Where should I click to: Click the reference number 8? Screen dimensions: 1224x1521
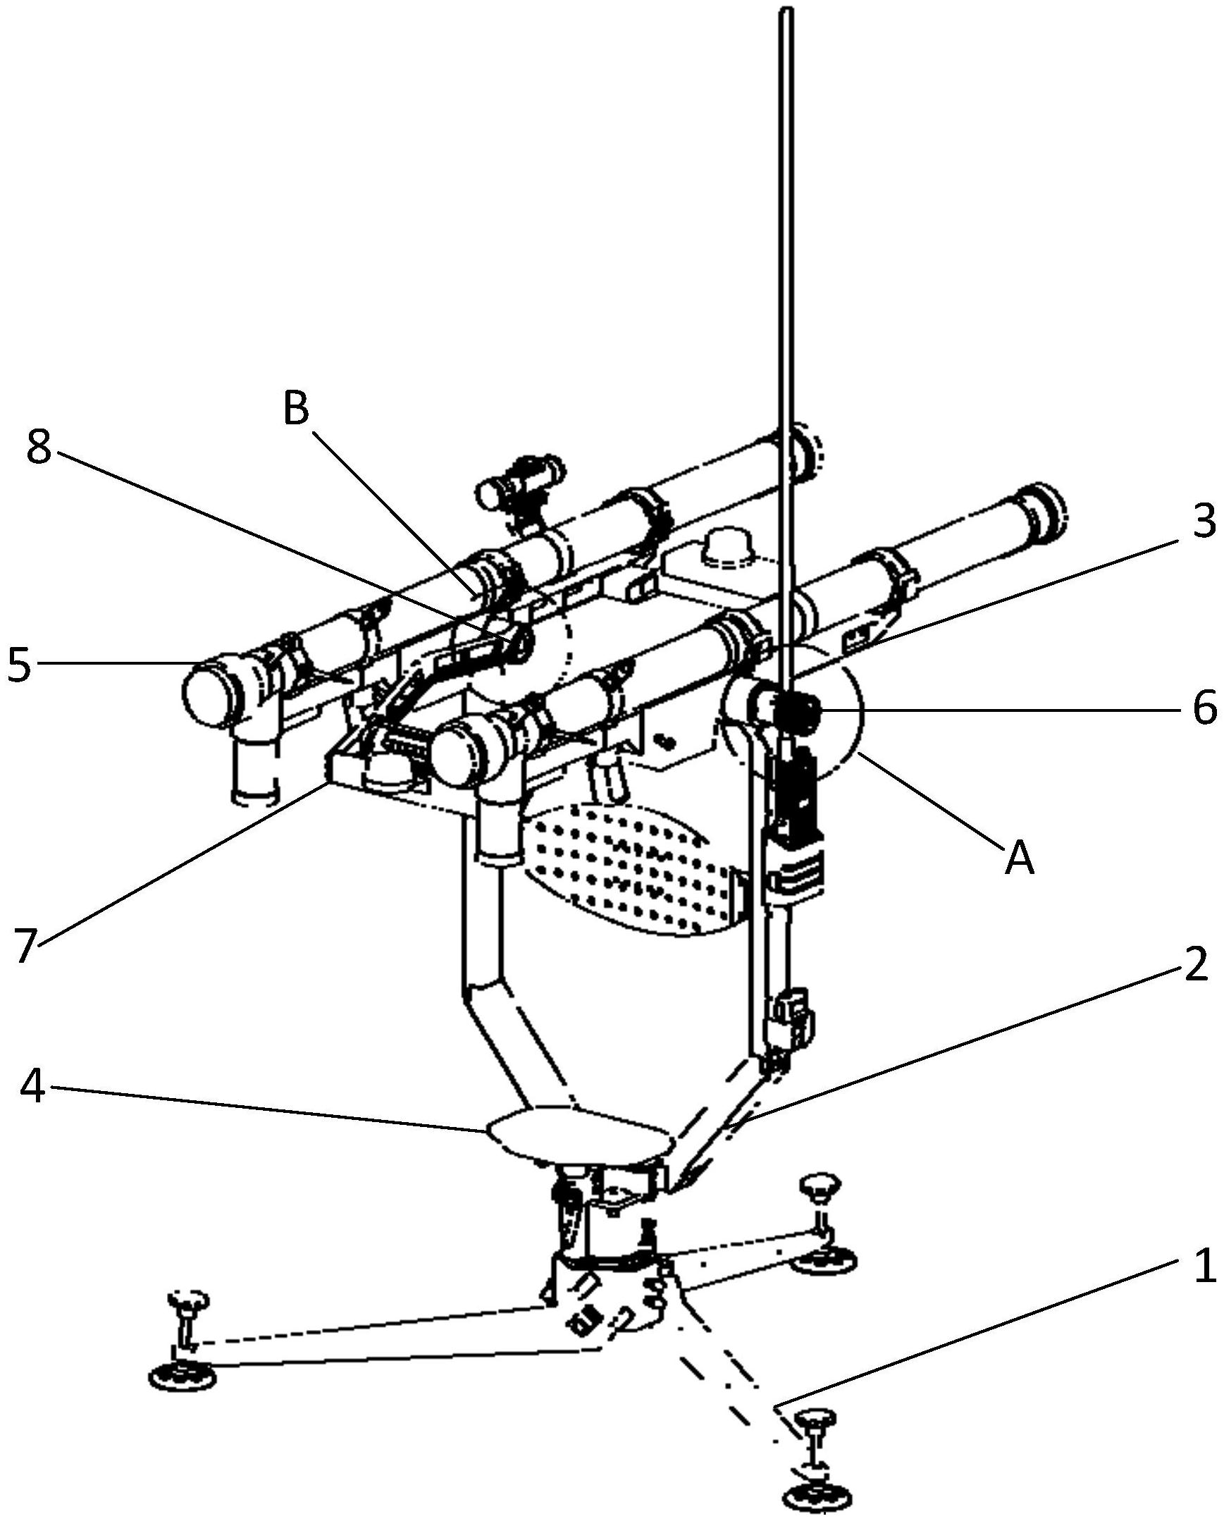(x=39, y=446)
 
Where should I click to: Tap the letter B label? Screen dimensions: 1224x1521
(x=296, y=409)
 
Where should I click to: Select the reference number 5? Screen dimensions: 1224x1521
(x=20, y=664)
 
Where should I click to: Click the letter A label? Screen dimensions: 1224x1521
(x=1019, y=858)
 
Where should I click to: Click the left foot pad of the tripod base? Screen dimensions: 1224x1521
(x=183, y=1376)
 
